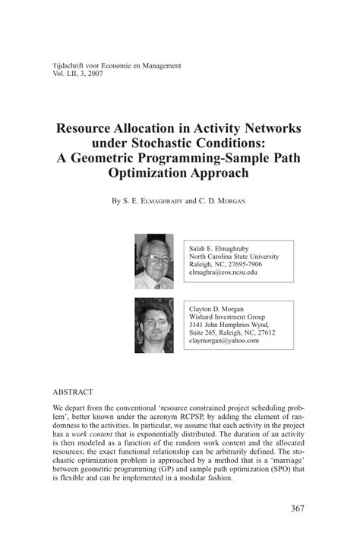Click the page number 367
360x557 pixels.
[x=297, y=508]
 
